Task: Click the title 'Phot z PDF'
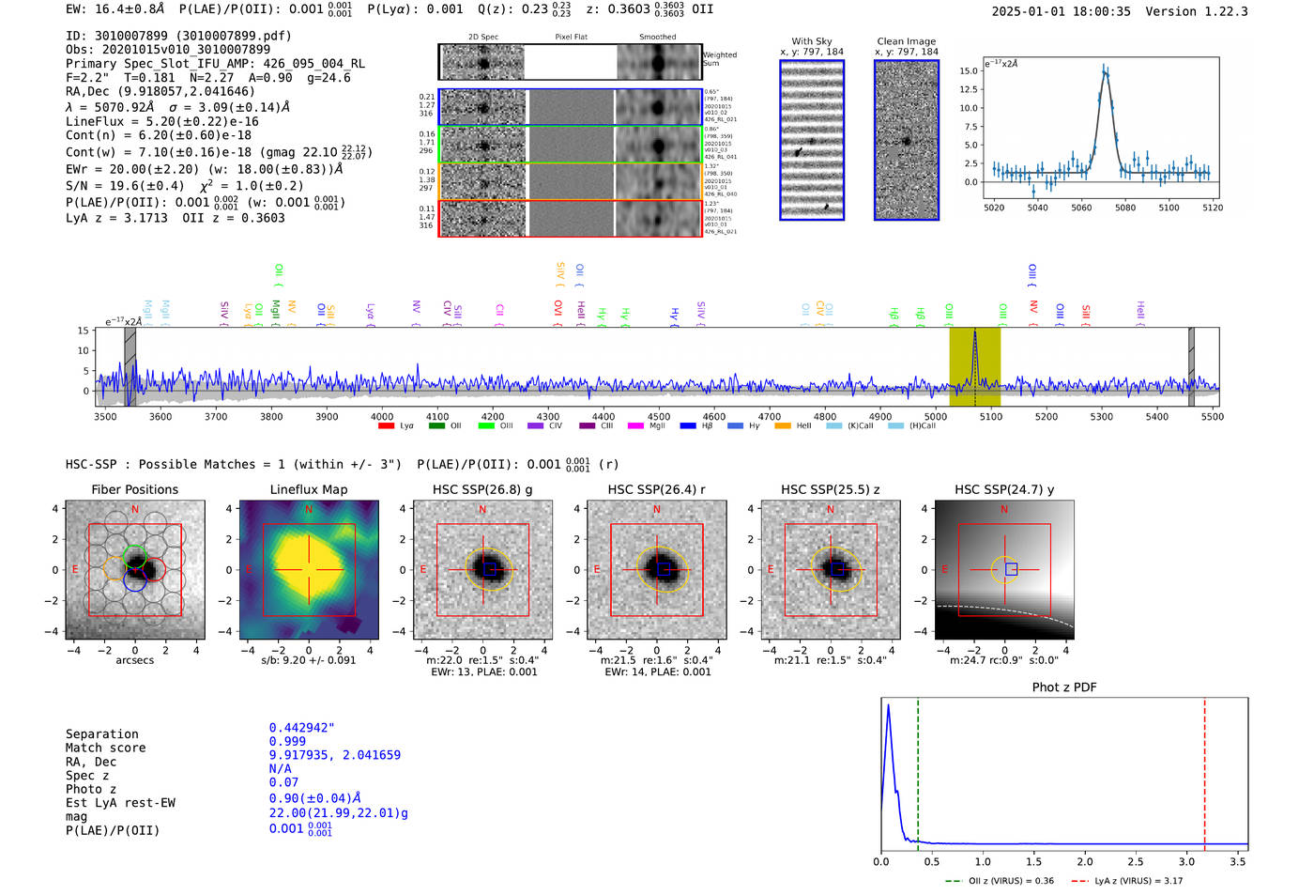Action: (x=1064, y=687)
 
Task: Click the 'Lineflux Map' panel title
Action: (x=309, y=489)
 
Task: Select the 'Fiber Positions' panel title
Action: (x=134, y=489)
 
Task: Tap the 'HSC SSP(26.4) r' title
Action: (x=656, y=489)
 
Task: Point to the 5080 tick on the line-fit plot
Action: (x=1124, y=208)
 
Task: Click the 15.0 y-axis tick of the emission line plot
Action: (x=968, y=71)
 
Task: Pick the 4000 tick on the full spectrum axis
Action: (x=382, y=416)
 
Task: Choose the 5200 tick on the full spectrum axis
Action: (x=1046, y=416)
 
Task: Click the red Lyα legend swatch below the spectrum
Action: (x=386, y=426)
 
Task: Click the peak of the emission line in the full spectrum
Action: (x=974, y=332)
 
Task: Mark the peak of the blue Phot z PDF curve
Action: (x=888, y=705)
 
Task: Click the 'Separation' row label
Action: (x=101, y=734)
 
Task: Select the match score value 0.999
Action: (x=287, y=741)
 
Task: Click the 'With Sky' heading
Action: (x=811, y=41)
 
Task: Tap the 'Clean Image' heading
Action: (x=906, y=41)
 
